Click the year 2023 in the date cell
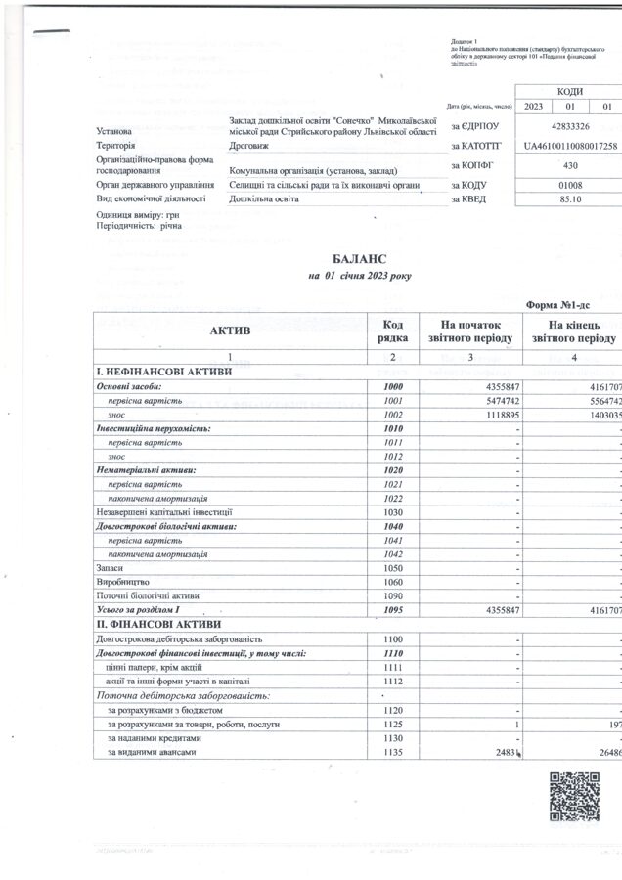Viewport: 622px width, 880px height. point(534,106)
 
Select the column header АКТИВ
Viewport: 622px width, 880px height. point(231,331)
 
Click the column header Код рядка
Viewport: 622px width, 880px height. point(387,331)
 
